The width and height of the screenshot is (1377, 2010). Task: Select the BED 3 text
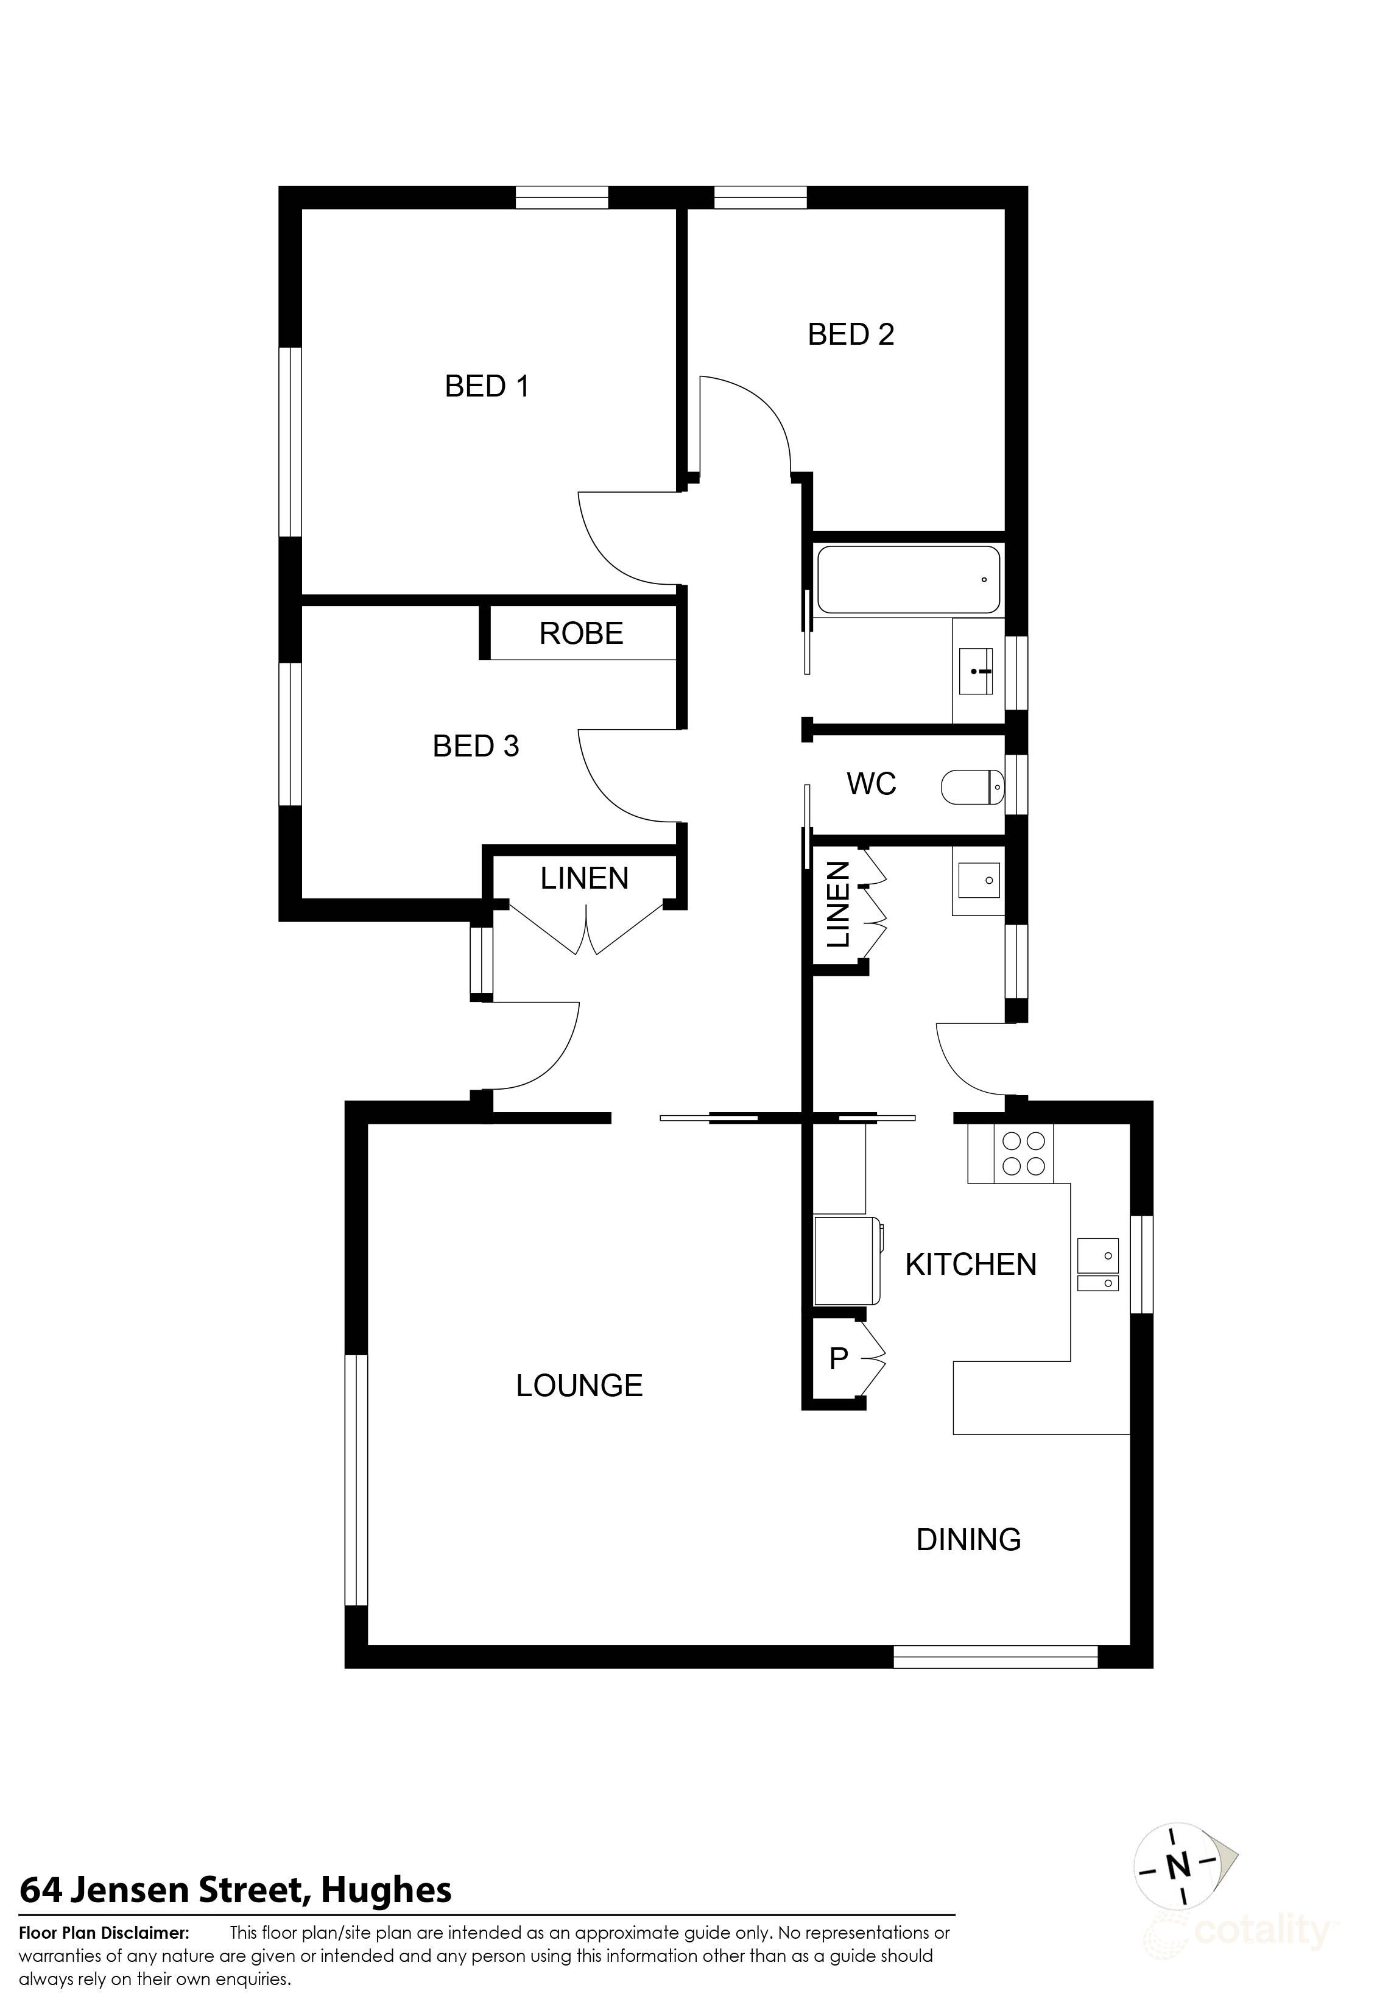pyautogui.click(x=476, y=746)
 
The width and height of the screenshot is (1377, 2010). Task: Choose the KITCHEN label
pyautogui.click(x=970, y=1264)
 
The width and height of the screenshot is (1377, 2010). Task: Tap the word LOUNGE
pyautogui.click(x=579, y=1386)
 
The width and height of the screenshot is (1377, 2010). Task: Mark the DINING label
pyautogui.click(x=968, y=1540)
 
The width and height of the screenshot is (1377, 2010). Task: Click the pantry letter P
pyautogui.click(x=837, y=1359)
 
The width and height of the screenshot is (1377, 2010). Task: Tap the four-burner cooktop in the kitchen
pyautogui.click(x=1024, y=1154)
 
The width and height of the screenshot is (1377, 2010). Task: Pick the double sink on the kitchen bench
pyautogui.click(x=1097, y=1264)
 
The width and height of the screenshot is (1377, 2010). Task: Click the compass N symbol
pyautogui.click(x=1177, y=1890)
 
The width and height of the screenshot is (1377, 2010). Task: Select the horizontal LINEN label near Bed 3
pyautogui.click(x=584, y=879)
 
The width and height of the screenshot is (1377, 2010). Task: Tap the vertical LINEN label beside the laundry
pyautogui.click(x=838, y=904)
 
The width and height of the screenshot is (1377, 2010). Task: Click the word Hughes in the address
pyautogui.click(x=386, y=1915)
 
